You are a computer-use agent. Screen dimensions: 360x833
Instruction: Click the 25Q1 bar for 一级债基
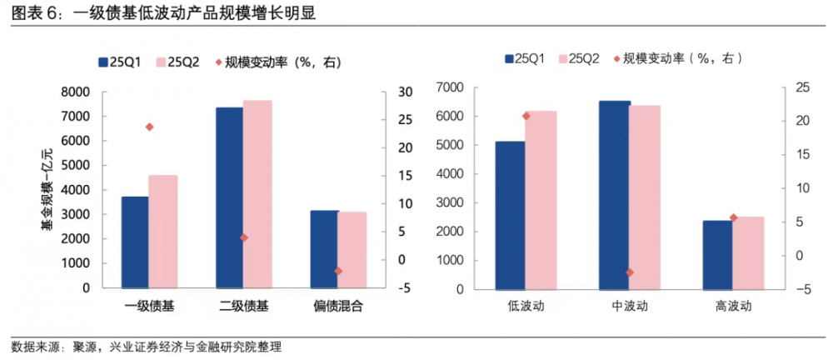pos(135,242)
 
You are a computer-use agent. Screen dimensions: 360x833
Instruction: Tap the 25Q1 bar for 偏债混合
pos(323,249)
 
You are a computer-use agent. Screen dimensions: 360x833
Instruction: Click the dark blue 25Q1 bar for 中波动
pos(615,196)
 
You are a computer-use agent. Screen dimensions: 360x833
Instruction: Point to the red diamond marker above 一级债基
pos(149,127)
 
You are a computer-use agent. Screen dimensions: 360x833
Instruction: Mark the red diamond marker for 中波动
pos(630,272)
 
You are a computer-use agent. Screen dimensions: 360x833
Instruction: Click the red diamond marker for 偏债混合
pos(338,271)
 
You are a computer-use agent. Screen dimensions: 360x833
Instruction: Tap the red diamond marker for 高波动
pos(733,217)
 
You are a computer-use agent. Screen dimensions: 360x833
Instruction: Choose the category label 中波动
pos(630,306)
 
